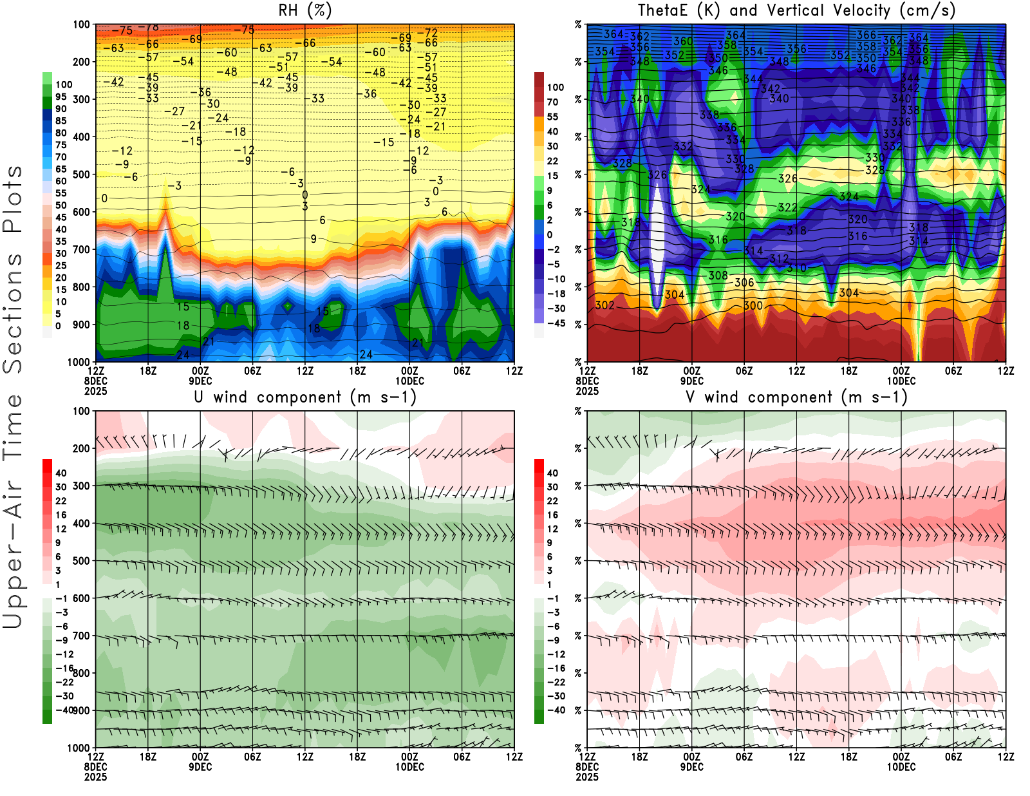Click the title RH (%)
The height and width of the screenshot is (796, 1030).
[x=304, y=10]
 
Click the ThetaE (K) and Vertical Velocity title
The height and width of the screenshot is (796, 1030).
[x=796, y=10]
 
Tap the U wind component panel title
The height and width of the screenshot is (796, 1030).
[x=304, y=397]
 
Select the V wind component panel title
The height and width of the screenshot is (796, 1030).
[x=796, y=397]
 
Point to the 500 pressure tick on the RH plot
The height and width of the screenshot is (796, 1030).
[x=81, y=175]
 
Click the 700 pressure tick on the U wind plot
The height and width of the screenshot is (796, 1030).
[x=81, y=636]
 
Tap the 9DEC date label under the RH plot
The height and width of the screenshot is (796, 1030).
[x=200, y=381]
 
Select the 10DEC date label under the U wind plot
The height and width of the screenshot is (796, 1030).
[x=409, y=767]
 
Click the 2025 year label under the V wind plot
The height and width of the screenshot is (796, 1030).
[x=587, y=777]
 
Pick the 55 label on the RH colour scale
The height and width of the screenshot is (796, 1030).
[x=61, y=193]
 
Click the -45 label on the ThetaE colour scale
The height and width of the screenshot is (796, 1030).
[x=556, y=323]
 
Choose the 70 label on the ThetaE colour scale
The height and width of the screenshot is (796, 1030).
[x=552, y=102]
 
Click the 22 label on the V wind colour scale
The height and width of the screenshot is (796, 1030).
[x=552, y=500]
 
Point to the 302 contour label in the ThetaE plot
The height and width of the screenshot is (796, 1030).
[x=604, y=305]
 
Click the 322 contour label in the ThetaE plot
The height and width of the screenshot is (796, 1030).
[x=788, y=207]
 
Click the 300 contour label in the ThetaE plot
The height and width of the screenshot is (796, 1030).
[x=753, y=306]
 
